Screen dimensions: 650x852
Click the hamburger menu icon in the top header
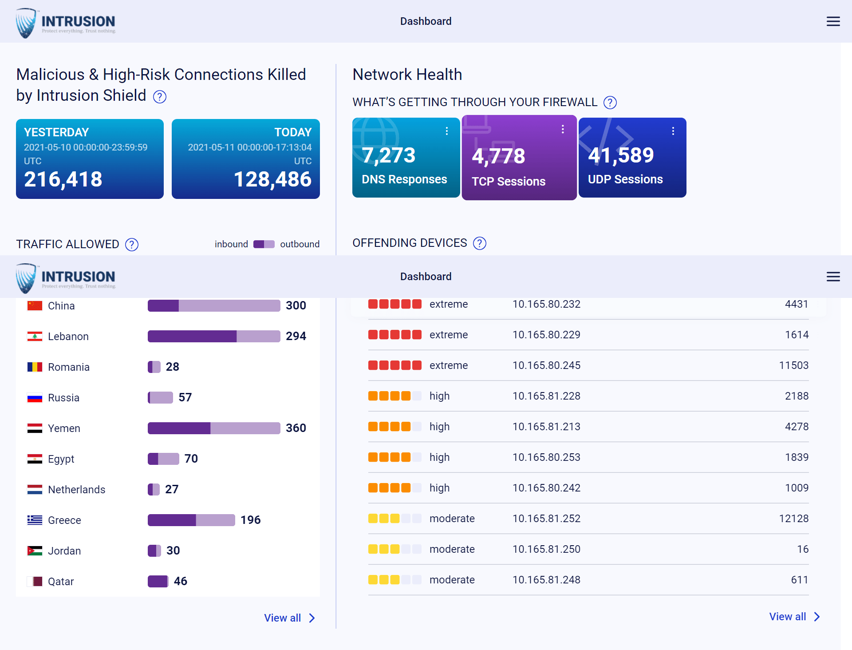point(833,21)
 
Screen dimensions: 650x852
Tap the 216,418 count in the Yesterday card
point(63,179)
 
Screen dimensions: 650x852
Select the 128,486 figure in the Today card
point(272,179)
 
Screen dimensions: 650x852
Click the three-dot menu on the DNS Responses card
point(446,131)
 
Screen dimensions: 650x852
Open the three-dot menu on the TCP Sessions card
point(562,129)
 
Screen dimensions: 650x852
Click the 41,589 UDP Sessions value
point(621,155)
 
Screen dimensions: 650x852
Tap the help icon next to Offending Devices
point(479,243)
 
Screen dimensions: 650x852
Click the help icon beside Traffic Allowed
point(132,245)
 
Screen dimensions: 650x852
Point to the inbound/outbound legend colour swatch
point(264,244)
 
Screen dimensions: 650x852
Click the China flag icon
point(35,306)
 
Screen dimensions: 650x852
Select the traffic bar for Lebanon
point(213,336)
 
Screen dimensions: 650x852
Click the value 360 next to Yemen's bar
point(296,428)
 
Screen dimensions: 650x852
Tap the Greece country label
point(64,520)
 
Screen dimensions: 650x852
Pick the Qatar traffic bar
point(158,581)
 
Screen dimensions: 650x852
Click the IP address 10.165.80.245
point(546,365)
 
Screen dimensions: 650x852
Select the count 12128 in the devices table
point(793,519)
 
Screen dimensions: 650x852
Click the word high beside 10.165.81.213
point(439,427)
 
